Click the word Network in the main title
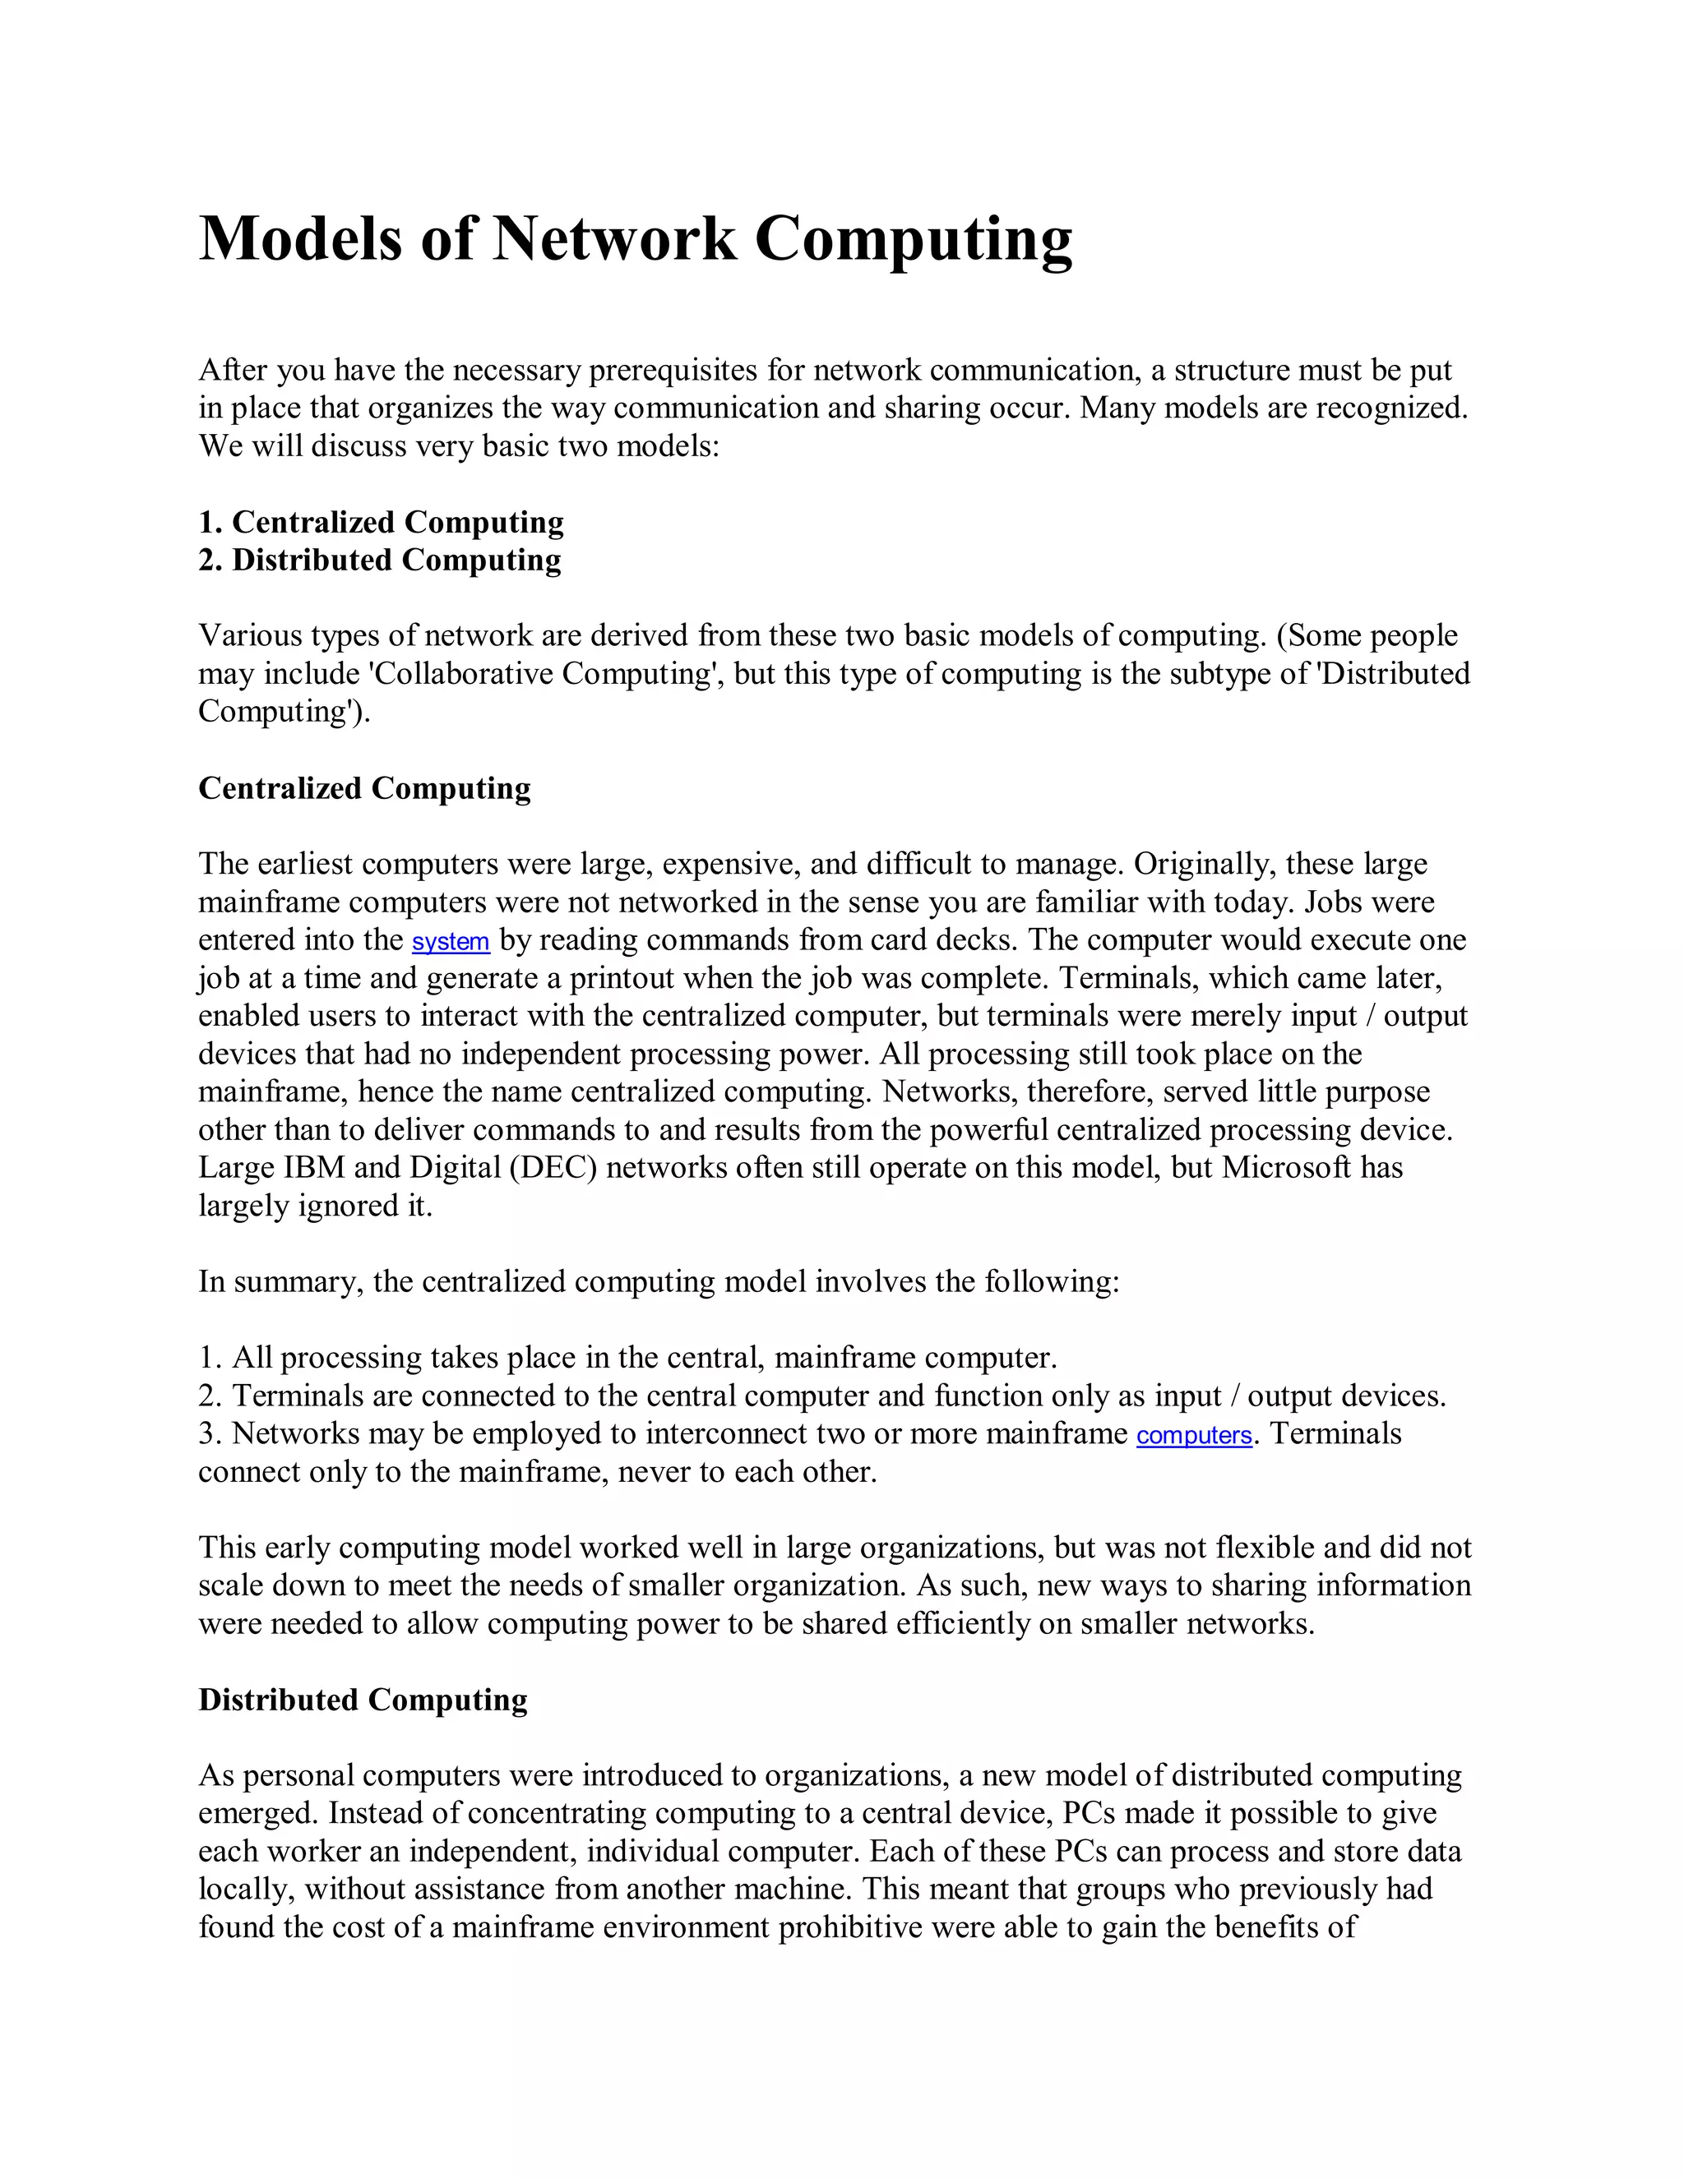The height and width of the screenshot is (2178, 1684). (613, 239)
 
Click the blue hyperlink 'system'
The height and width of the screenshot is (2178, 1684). (450, 941)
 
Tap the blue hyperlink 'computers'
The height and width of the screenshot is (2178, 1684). (1193, 1435)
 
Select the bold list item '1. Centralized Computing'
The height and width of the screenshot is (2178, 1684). (381, 522)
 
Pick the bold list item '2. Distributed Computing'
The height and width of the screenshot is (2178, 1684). (379, 560)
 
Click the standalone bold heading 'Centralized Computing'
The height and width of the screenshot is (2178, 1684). (364, 788)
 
